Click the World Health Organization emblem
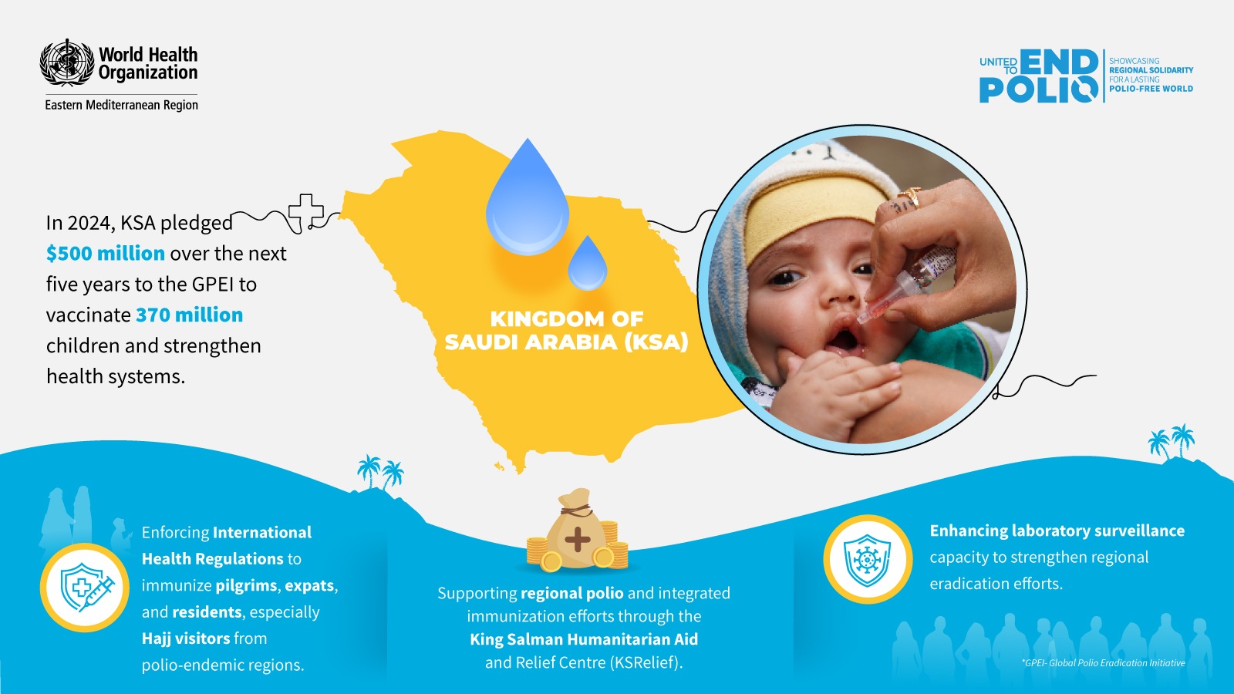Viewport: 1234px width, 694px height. click(x=66, y=62)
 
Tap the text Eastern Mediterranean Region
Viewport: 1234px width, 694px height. click(x=121, y=105)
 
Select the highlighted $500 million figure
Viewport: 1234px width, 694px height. click(x=105, y=254)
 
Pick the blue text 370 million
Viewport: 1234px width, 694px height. click(x=190, y=315)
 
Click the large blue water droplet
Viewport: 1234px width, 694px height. click(x=528, y=197)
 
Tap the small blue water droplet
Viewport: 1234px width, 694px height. click(x=587, y=263)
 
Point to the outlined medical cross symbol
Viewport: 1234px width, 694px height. click(x=305, y=211)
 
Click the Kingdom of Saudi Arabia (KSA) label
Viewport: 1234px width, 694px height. click(x=567, y=331)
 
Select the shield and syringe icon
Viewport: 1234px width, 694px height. click(x=85, y=587)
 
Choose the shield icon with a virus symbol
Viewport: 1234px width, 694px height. click(x=867, y=560)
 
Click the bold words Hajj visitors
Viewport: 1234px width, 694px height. click(x=186, y=638)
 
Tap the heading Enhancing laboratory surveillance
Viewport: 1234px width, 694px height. click(x=1057, y=531)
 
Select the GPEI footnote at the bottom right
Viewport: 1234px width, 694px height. click(x=1104, y=662)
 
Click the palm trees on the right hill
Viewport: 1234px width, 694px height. click(x=1172, y=441)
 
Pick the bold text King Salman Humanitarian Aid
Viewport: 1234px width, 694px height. click(x=584, y=639)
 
